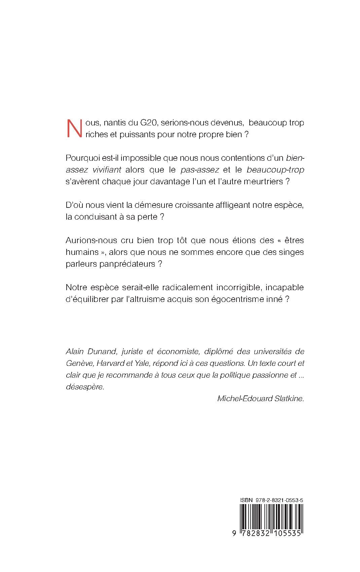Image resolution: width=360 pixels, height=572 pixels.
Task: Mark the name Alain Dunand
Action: coord(91,351)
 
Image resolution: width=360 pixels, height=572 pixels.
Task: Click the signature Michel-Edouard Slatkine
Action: coord(261,399)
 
